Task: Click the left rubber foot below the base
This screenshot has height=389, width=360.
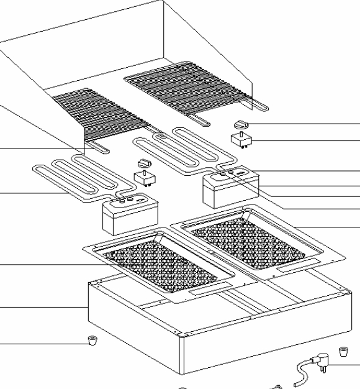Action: (92, 339)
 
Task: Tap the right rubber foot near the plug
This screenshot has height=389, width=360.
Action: (342, 353)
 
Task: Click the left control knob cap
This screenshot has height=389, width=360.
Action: (145, 163)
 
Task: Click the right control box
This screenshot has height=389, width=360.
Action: (232, 188)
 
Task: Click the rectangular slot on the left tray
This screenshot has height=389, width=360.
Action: (210, 290)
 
